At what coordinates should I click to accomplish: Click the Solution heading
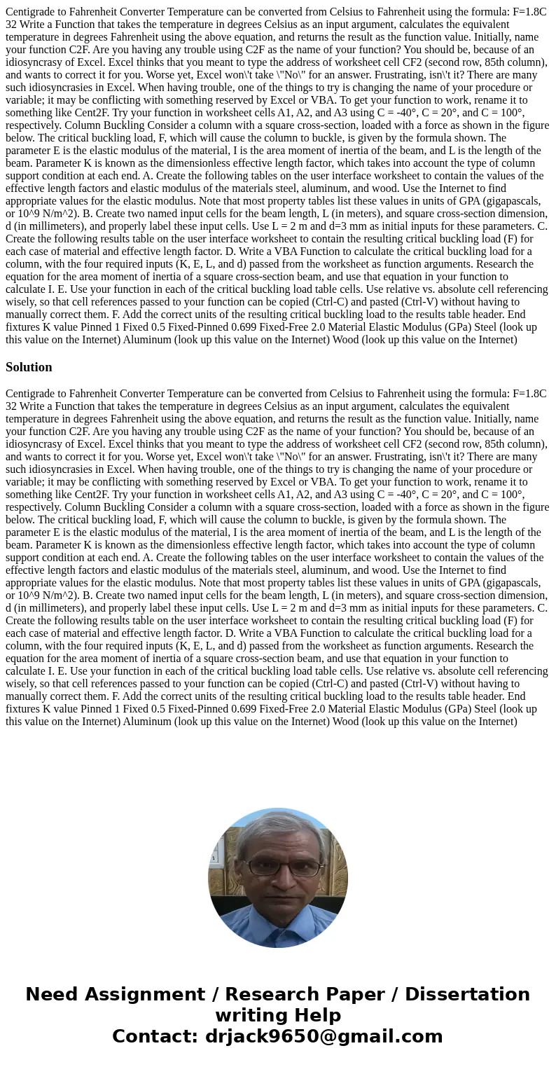coord(29,367)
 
